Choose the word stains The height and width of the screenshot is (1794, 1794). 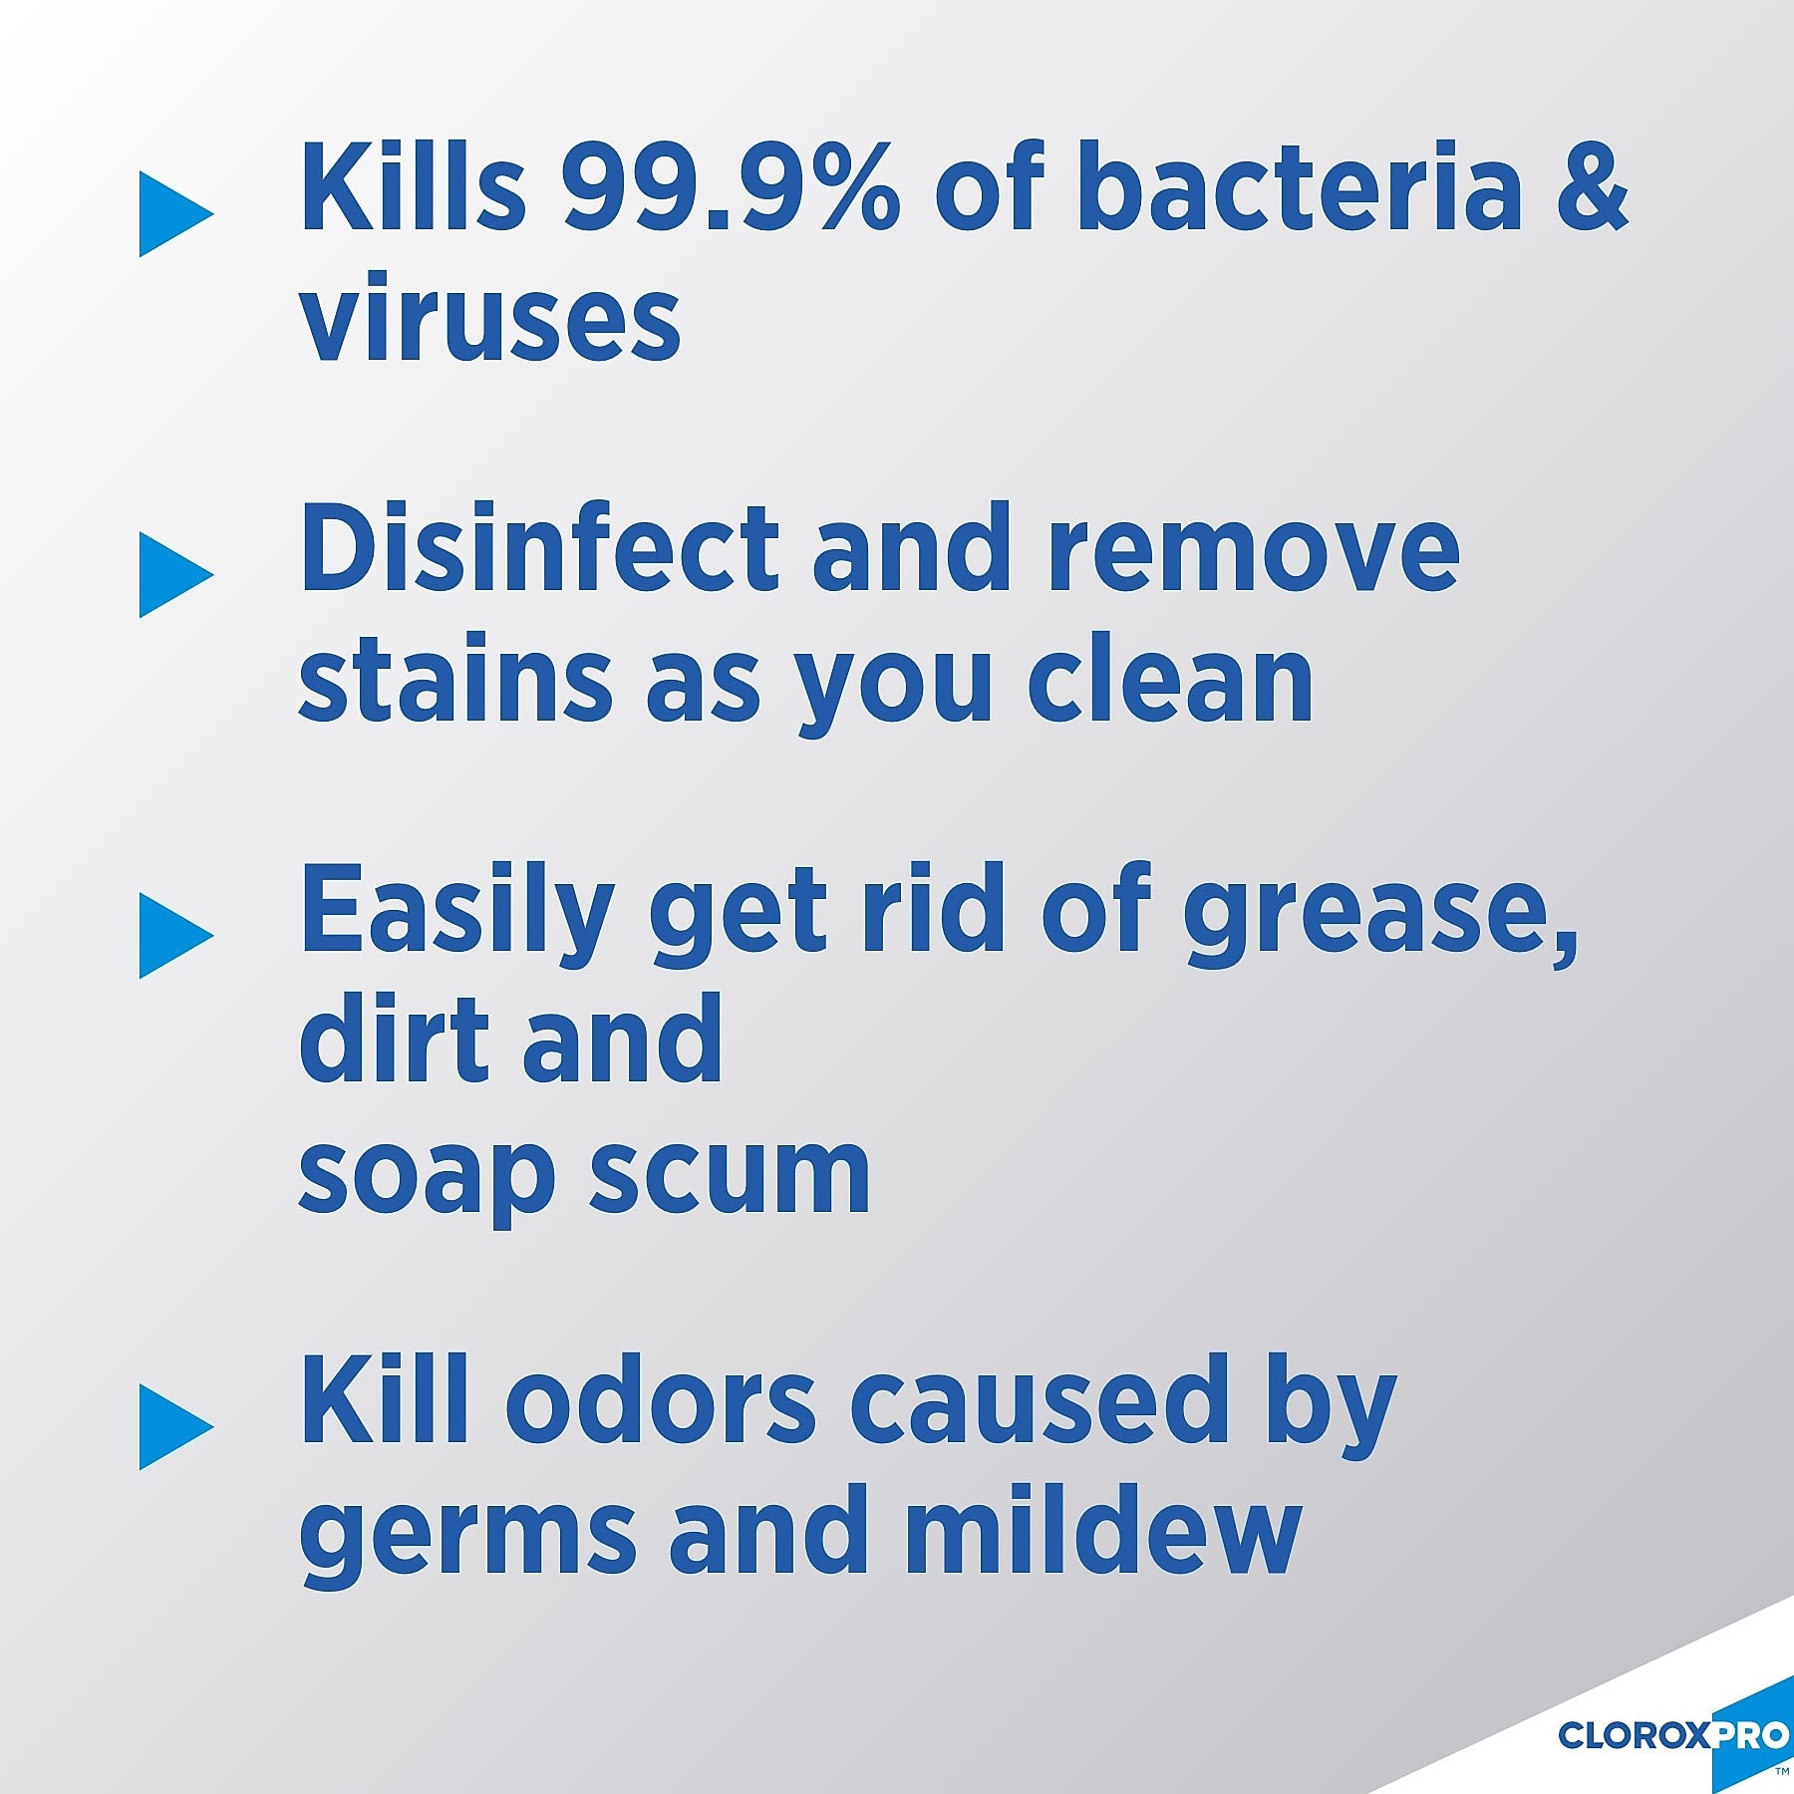(x=454, y=680)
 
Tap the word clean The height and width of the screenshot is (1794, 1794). (x=1170, y=680)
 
